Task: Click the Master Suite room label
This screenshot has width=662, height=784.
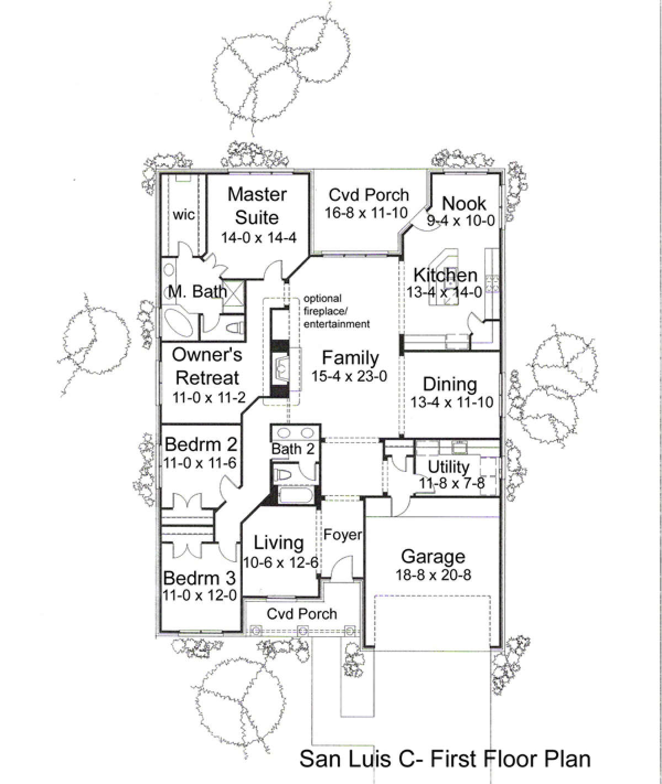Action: tap(258, 206)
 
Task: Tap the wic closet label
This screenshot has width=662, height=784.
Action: tap(184, 215)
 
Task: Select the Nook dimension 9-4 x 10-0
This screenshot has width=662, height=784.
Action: tap(461, 221)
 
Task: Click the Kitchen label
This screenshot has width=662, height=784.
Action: tap(445, 275)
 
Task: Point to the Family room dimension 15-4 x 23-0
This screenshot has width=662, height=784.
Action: tap(349, 376)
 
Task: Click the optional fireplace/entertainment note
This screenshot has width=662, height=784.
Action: tap(337, 311)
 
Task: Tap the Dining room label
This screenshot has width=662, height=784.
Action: tap(450, 384)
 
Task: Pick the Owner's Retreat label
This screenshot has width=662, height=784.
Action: tap(207, 366)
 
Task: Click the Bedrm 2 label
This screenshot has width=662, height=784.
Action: tap(201, 444)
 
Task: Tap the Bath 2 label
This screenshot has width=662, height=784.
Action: tap(293, 449)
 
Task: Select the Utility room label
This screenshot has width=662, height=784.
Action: tap(449, 467)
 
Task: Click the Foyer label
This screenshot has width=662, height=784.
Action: tap(343, 535)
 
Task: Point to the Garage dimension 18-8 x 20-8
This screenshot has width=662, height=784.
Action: tap(433, 575)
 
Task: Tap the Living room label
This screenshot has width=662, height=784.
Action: tap(279, 543)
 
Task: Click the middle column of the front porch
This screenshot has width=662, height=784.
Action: tap(303, 631)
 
